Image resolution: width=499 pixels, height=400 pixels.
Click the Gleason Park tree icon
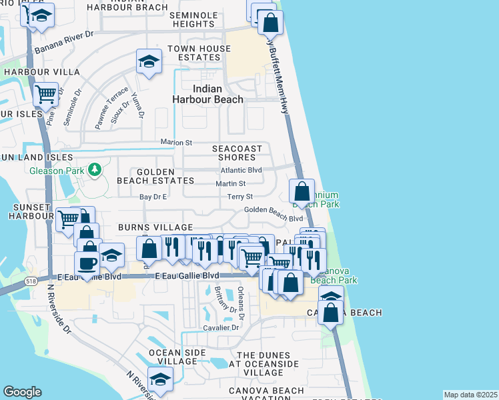click(x=95, y=170)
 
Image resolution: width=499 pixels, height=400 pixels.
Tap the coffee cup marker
click(x=87, y=263)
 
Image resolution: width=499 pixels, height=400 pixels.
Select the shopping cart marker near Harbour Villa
click(x=45, y=95)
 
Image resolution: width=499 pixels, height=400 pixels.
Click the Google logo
click(x=22, y=392)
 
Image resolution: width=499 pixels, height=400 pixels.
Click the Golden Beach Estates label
click(x=146, y=176)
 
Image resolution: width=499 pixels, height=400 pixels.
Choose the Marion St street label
click(x=176, y=142)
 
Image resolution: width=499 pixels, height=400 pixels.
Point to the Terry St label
click(x=240, y=197)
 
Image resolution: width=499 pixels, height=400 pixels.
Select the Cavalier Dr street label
click(x=220, y=327)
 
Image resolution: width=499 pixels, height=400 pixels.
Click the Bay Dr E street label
click(x=153, y=197)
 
